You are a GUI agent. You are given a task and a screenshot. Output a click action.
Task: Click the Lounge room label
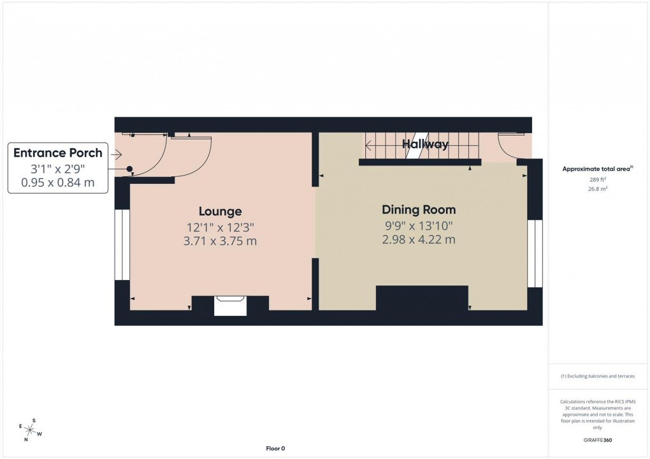[220, 211]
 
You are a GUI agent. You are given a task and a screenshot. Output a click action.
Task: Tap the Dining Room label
[419, 209]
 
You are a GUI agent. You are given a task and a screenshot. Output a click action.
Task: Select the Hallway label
[425, 145]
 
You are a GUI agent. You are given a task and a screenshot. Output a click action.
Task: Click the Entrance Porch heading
[58, 153]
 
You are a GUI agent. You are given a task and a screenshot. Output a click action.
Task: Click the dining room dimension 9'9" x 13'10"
[419, 225]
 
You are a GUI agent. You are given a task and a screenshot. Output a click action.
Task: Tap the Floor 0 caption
[275, 449]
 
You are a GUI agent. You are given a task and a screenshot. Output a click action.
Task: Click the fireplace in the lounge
[230, 305]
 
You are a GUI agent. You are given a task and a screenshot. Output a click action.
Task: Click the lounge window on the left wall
[122, 246]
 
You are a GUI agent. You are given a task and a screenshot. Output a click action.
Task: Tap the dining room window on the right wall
[535, 254]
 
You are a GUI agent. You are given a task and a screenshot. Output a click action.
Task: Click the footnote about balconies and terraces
[597, 376]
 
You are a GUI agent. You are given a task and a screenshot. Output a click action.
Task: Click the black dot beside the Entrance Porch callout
[130, 169]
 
